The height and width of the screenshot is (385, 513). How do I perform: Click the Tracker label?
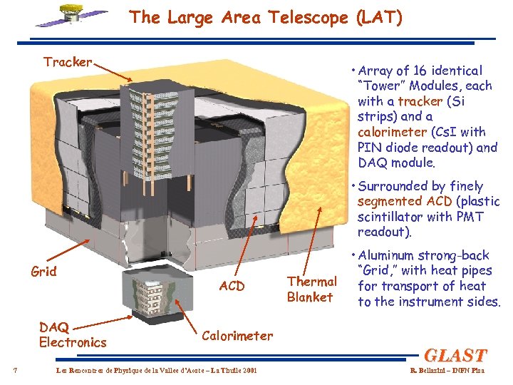[68, 62]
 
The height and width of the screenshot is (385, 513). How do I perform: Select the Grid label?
[44, 271]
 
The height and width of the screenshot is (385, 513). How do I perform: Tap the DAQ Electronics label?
[72, 334]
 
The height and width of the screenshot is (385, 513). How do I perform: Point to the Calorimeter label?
[238, 335]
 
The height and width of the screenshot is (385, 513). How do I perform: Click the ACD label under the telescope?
[232, 286]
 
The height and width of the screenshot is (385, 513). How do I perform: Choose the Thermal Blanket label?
[311, 289]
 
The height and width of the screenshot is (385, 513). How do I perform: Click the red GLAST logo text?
[455, 354]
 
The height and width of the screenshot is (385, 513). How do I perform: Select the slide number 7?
[16, 369]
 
